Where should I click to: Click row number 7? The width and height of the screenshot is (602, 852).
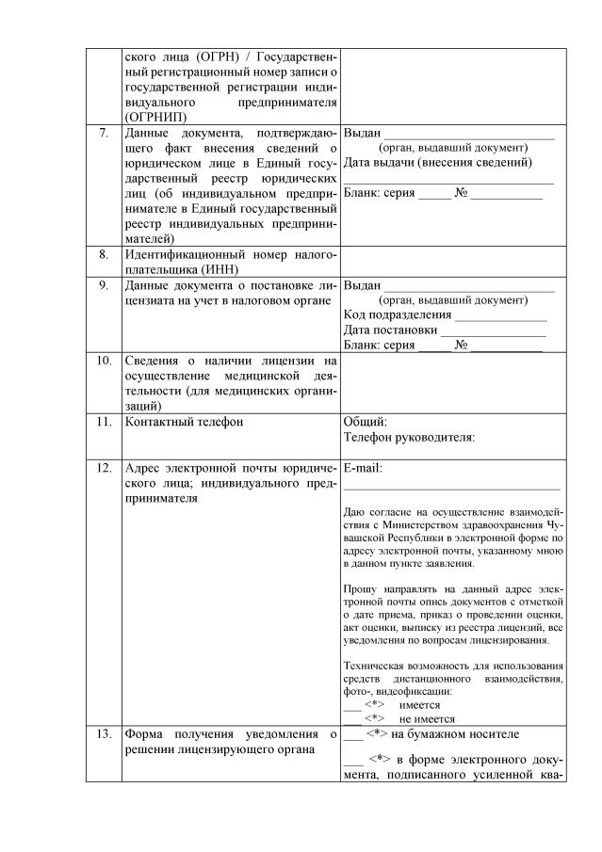click(x=104, y=133)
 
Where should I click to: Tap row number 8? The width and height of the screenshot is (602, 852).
click(x=104, y=254)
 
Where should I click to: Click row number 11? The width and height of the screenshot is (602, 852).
click(x=104, y=422)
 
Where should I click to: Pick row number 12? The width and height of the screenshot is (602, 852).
click(x=104, y=467)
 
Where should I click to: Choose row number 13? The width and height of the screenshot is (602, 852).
click(x=104, y=734)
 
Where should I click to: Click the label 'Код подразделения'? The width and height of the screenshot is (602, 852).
click(x=398, y=314)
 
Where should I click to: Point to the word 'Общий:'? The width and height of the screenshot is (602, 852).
click(x=366, y=422)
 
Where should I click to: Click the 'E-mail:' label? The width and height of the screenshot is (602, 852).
click(x=364, y=468)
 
